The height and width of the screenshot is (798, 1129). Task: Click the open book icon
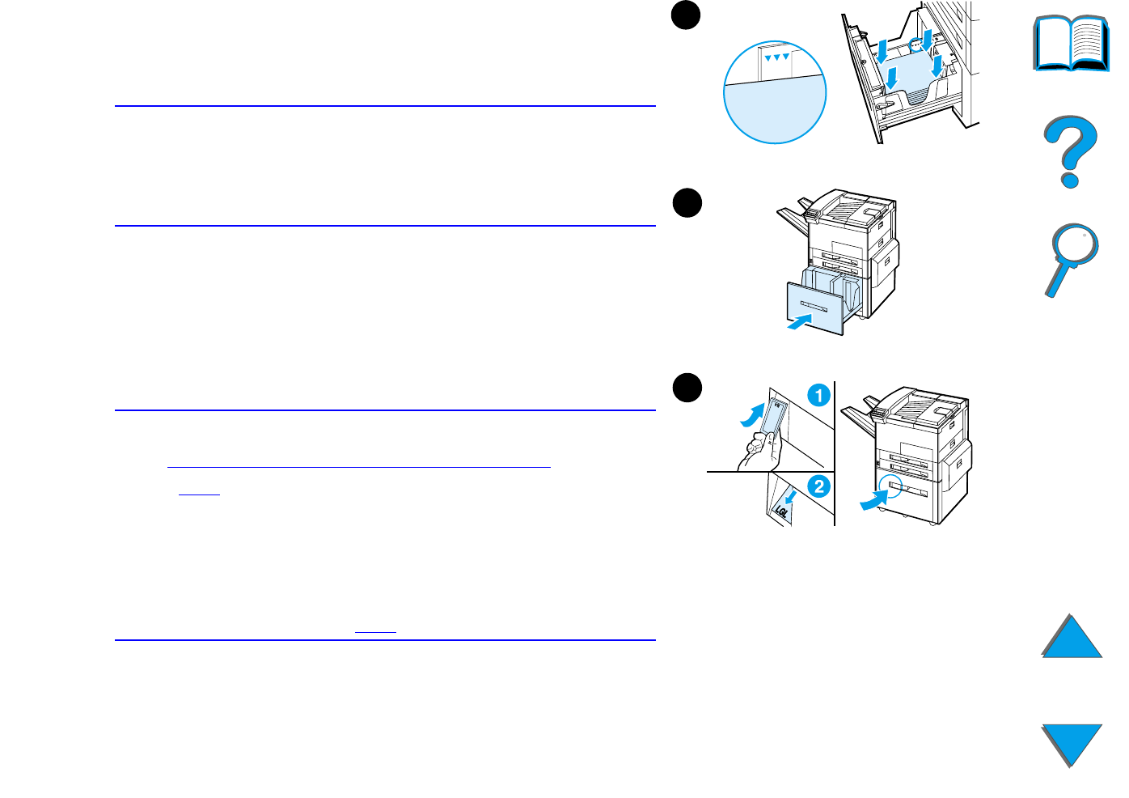[1072, 44]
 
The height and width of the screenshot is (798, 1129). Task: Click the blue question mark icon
[1071, 151]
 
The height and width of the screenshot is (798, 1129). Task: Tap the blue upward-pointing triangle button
[1072, 637]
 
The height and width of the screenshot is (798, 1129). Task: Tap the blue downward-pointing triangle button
[1072, 744]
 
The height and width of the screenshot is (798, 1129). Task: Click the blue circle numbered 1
[818, 396]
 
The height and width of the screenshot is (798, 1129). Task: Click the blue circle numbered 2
[818, 486]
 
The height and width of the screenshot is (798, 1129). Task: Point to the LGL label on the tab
[781, 511]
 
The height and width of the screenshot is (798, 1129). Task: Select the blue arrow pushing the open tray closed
[799, 322]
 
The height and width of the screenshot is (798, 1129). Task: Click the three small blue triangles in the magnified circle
[776, 57]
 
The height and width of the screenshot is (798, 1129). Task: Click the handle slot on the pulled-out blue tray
[813, 306]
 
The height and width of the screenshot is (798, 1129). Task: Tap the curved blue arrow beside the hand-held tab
[752, 414]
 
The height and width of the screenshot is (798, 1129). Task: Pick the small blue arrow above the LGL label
[791, 495]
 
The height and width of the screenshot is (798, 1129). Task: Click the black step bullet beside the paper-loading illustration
[686, 16]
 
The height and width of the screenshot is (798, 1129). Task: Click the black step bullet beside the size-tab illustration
[687, 388]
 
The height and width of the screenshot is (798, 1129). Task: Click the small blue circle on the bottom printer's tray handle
[890, 486]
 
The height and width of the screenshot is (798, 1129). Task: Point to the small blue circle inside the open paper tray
[916, 45]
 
